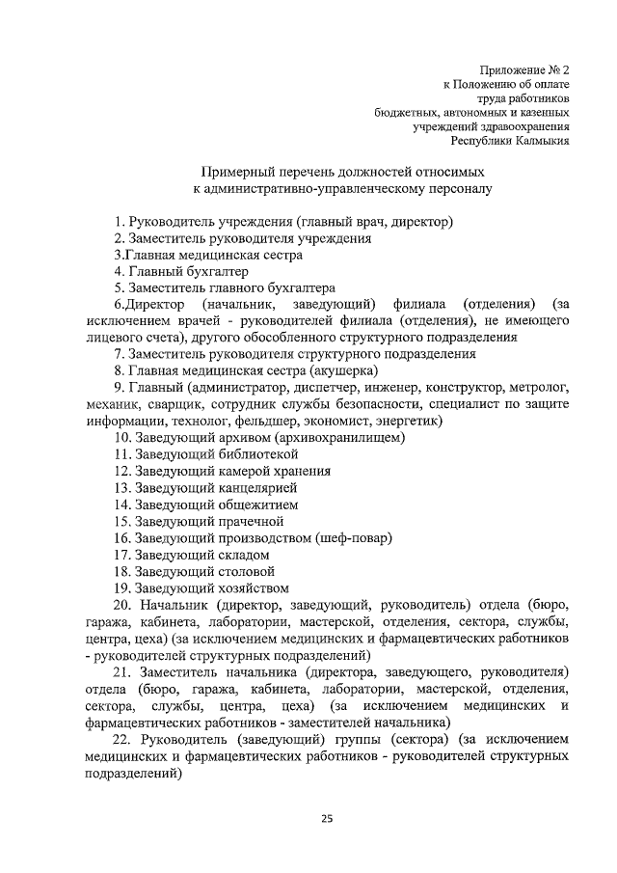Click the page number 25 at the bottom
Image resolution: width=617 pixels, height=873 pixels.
click(327, 820)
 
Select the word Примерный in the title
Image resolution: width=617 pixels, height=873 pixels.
click(239, 172)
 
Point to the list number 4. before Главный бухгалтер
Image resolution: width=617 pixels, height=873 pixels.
click(119, 271)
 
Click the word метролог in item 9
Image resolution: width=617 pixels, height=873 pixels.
click(541, 387)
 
